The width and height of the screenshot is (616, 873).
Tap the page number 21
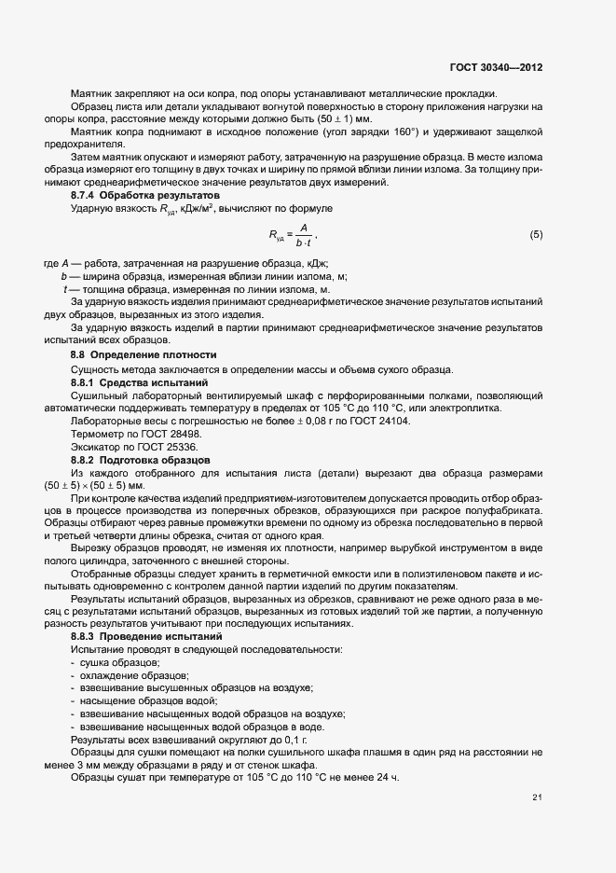(x=538, y=797)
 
